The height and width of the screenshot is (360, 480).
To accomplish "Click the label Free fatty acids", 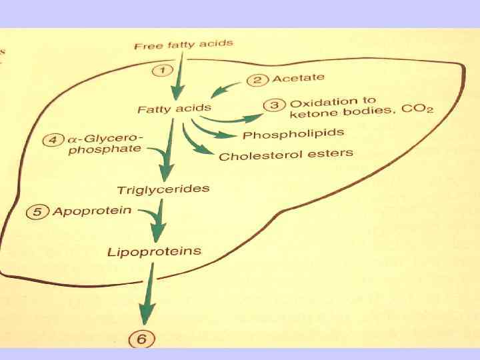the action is pos(183,45).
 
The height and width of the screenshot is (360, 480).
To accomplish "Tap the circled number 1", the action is pos(163,69).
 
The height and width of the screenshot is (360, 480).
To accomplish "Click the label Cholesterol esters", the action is pos(286,155).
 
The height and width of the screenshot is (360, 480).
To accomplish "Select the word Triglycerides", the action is pos(163,189).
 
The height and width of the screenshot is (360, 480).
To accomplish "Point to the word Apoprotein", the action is pos(91,211).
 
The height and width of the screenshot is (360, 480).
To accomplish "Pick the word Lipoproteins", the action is pos(154,251).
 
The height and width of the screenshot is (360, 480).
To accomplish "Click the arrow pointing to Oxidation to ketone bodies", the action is pos(227,119).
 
